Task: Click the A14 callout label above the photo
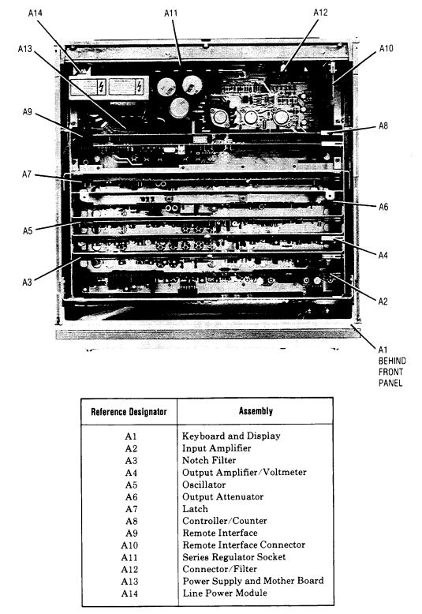click(35, 13)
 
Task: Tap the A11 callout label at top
click(170, 13)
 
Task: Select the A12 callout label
click(320, 13)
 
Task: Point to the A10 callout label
click(386, 49)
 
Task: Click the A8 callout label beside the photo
click(383, 126)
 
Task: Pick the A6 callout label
click(383, 207)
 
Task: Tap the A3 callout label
click(27, 282)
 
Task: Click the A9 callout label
click(27, 112)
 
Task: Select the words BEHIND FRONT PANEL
click(392, 372)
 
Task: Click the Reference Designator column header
click(129, 412)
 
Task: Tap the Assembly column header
click(256, 411)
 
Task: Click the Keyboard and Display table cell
click(231, 436)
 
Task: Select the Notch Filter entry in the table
click(209, 460)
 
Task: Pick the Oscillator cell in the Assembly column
click(204, 485)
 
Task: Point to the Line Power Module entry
click(225, 593)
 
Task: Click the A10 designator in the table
click(129, 545)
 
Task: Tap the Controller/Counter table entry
click(225, 521)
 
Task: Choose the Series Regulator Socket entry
click(234, 557)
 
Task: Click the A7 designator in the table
click(132, 509)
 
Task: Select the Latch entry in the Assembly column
click(195, 509)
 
